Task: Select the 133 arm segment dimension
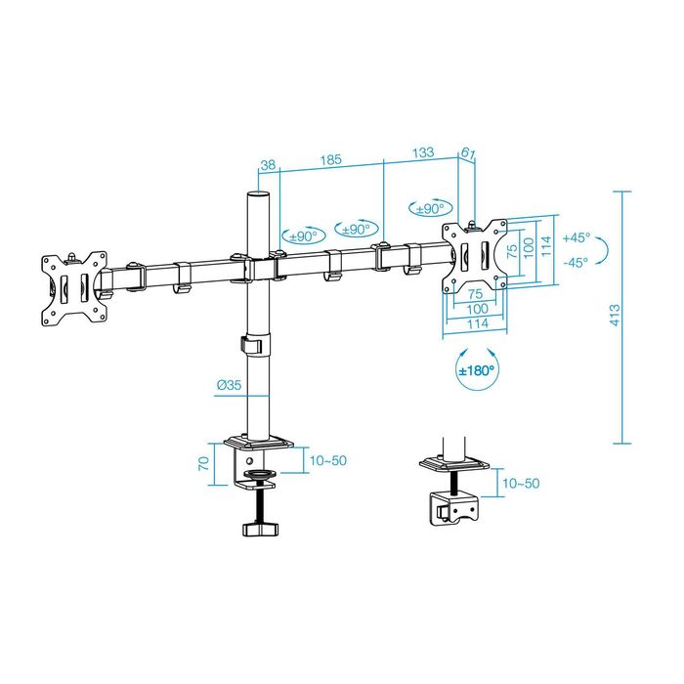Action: pyautogui.click(x=422, y=152)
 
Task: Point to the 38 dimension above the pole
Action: pyautogui.click(x=268, y=165)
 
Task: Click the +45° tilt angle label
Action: pyautogui.click(x=576, y=237)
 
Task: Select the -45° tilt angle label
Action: pyautogui.click(x=576, y=261)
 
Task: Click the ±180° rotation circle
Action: pyautogui.click(x=476, y=371)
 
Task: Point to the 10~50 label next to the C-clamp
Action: pyautogui.click(x=326, y=460)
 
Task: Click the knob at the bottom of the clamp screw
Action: pyautogui.click(x=260, y=528)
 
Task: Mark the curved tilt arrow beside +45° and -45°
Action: pyautogui.click(x=605, y=249)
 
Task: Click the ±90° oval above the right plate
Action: pyautogui.click(x=430, y=208)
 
